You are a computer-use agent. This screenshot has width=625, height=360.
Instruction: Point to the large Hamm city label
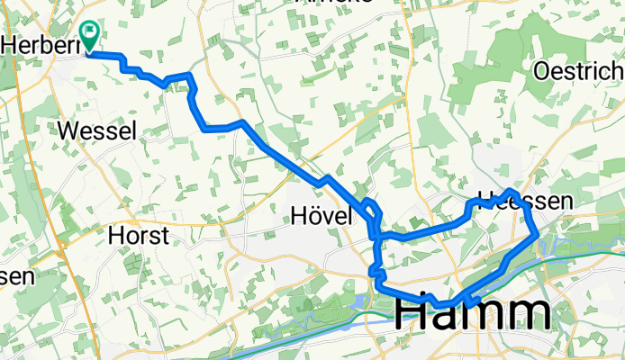[474, 315]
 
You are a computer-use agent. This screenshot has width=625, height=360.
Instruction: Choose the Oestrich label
[577, 71]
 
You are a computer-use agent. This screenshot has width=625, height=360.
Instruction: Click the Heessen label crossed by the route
[524, 202]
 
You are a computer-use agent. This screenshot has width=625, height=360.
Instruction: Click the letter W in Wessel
[68, 131]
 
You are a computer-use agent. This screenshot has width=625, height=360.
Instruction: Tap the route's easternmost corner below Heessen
[538, 235]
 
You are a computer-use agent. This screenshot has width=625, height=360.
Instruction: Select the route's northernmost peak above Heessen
[511, 192]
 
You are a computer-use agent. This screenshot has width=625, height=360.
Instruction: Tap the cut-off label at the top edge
[322, 4]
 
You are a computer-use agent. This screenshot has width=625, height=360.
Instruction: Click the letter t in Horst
[166, 236]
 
